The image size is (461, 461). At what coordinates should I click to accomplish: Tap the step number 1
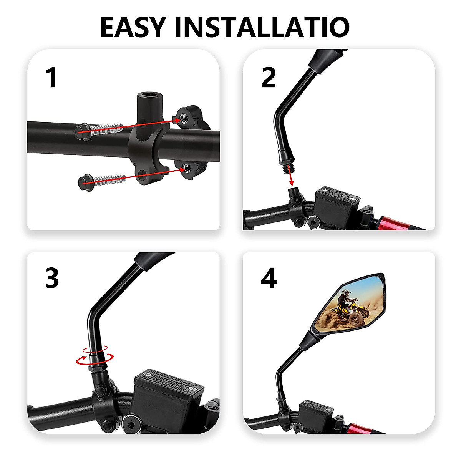pyautogui.click(x=51, y=78)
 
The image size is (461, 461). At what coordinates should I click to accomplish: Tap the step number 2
pyautogui.click(x=269, y=78)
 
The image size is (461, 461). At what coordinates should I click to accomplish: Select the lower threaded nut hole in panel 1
pyautogui.click(x=187, y=167)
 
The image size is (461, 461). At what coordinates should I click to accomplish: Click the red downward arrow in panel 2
pyautogui.click(x=291, y=178)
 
